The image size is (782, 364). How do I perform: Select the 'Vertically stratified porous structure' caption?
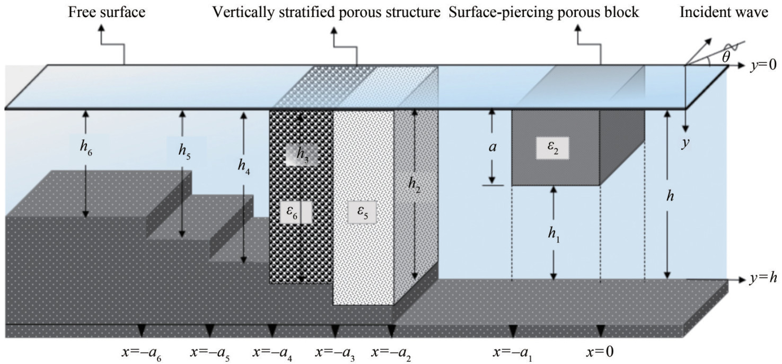pos(327,12)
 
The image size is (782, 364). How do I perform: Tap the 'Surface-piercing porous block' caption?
pos(544,12)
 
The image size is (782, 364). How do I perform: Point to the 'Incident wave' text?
pos(724,12)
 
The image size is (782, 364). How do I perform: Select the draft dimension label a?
pos(492,148)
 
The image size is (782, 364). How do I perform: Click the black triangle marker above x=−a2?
pos(391,331)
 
